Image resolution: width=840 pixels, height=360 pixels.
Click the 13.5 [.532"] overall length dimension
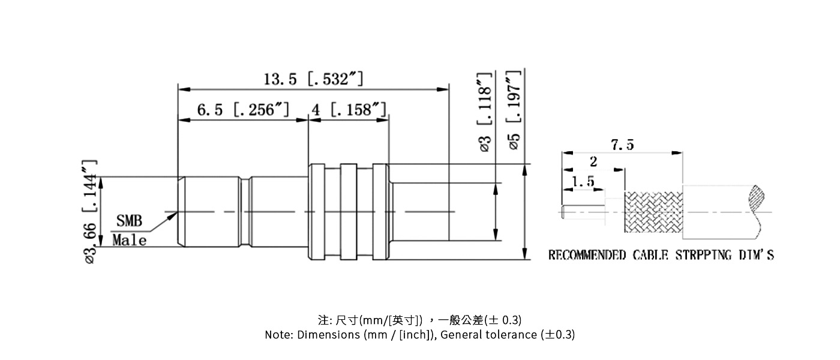313,79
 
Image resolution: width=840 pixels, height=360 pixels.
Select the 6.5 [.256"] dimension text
243,110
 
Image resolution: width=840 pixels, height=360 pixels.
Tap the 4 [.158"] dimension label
348,110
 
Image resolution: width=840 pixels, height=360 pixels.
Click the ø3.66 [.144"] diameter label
90,211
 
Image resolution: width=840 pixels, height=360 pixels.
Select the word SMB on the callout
129,221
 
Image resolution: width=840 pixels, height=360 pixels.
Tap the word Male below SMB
130,241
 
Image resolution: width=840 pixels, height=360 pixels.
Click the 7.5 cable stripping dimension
622,145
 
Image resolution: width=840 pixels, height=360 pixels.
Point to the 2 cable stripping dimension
593,161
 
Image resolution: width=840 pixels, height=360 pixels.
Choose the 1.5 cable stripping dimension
583,181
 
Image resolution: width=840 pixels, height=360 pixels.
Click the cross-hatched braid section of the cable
654,212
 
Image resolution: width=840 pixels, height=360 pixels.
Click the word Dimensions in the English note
328,335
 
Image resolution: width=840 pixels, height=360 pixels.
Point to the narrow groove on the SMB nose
245,211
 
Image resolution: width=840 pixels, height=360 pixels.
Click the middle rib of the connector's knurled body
348,211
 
